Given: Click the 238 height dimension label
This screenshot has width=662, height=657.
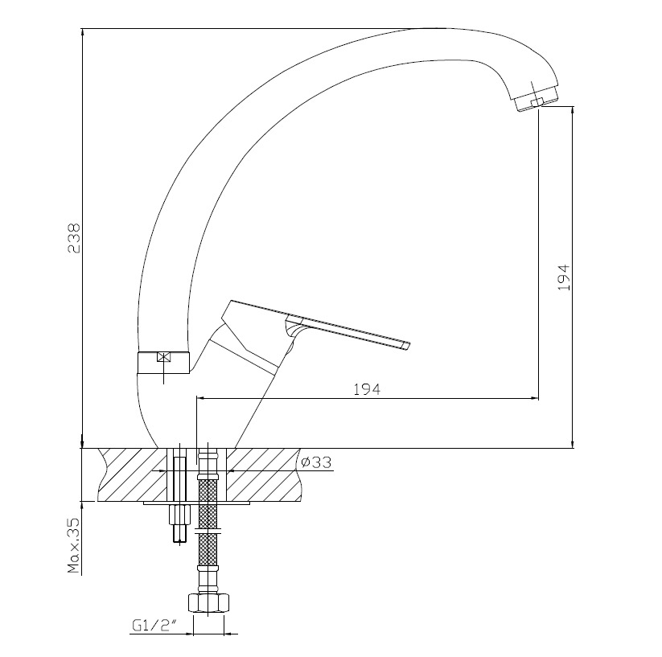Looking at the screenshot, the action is click(73, 238).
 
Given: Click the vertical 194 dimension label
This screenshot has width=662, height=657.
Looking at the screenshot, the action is click(564, 277).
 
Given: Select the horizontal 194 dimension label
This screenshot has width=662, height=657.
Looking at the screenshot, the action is click(367, 389).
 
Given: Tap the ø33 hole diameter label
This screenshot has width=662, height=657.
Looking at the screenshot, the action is click(317, 462).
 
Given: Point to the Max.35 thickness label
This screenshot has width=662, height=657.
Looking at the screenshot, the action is click(73, 544).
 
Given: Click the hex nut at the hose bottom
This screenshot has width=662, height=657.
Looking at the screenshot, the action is click(208, 603).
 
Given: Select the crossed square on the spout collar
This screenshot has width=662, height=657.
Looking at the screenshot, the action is click(163, 357).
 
